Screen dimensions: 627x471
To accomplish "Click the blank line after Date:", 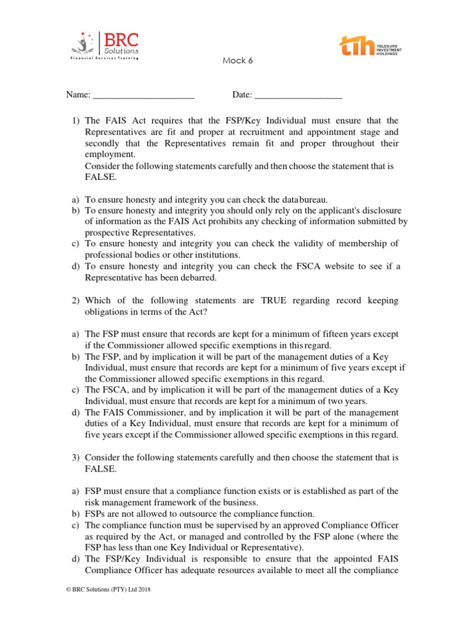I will tap(298, 96).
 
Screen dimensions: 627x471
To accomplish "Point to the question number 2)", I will tap(76, 301).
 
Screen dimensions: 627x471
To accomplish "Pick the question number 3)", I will tap(76, 457).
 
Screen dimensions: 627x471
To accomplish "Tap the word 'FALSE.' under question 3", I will tap(99, 468).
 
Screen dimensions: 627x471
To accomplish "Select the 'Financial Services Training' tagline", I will tap(104, 58).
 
